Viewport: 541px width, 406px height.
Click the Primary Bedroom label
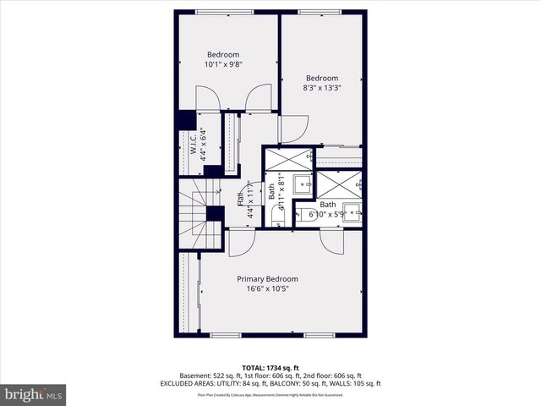click(267, 279)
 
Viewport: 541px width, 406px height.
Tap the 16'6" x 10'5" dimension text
click(267, 288)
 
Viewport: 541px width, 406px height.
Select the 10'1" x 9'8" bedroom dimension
click(223, 64)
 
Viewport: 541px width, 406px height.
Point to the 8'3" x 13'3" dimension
click(321, 87)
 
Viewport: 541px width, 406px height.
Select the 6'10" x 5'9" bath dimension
click(328, 216)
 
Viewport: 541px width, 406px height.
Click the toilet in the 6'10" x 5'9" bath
click(306, 214)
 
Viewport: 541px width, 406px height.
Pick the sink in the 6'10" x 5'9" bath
click(352, 212)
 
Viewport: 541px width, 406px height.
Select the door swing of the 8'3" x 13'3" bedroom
click(292, 129)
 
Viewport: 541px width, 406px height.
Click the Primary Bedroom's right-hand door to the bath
click(331, 241)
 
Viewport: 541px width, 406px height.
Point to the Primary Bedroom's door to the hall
click(241, 243)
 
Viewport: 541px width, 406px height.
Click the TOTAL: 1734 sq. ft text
click(270, 367)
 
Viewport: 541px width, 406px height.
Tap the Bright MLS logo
click(34, 394)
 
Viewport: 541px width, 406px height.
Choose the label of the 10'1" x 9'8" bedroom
click(223, 55)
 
